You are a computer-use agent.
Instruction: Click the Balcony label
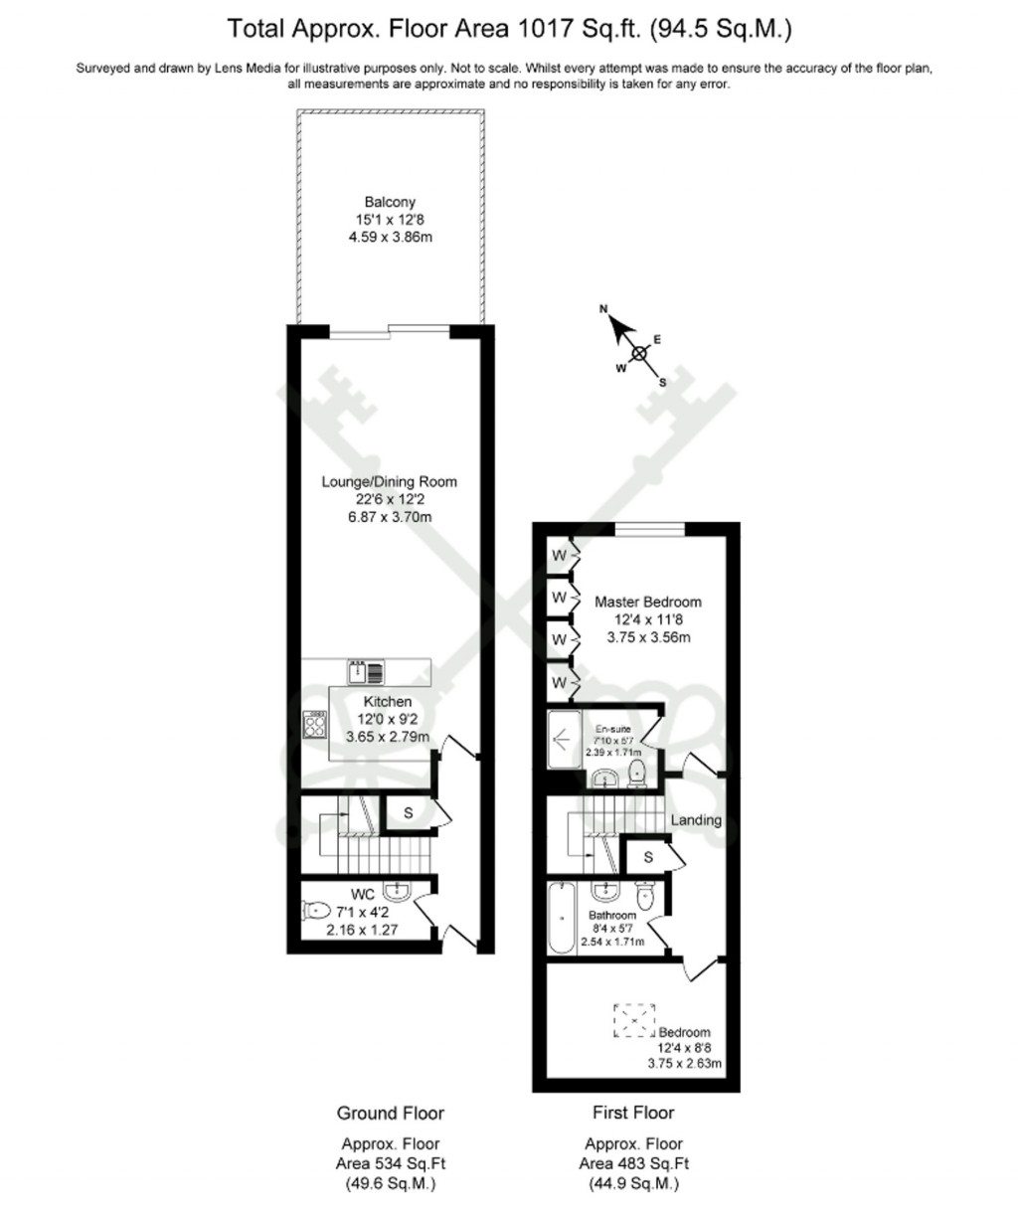coord(389,203)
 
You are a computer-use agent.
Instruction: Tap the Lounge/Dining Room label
coord(389,482)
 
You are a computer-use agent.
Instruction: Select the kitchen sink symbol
coord(366,671)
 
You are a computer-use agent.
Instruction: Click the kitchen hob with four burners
coord(316,724)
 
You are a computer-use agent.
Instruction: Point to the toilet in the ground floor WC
coord(316,910)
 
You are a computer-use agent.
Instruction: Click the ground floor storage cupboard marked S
coord(409,813)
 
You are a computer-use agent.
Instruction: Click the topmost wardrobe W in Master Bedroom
coord(559,555)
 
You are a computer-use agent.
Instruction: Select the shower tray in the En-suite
coord(564,740)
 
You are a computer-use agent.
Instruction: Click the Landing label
coord(696,820)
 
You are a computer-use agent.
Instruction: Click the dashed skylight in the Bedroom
coord(634,1020)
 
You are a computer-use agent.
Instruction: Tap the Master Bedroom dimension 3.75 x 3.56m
coord(648,637)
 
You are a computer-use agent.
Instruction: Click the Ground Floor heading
coord(390,1113)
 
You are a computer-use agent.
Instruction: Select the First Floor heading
coord(633,1113)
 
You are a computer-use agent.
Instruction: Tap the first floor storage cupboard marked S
coord(647,857)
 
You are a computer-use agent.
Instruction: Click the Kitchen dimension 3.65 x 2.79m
coord(388,737)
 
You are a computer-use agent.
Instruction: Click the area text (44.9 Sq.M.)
coord(634,1184)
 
